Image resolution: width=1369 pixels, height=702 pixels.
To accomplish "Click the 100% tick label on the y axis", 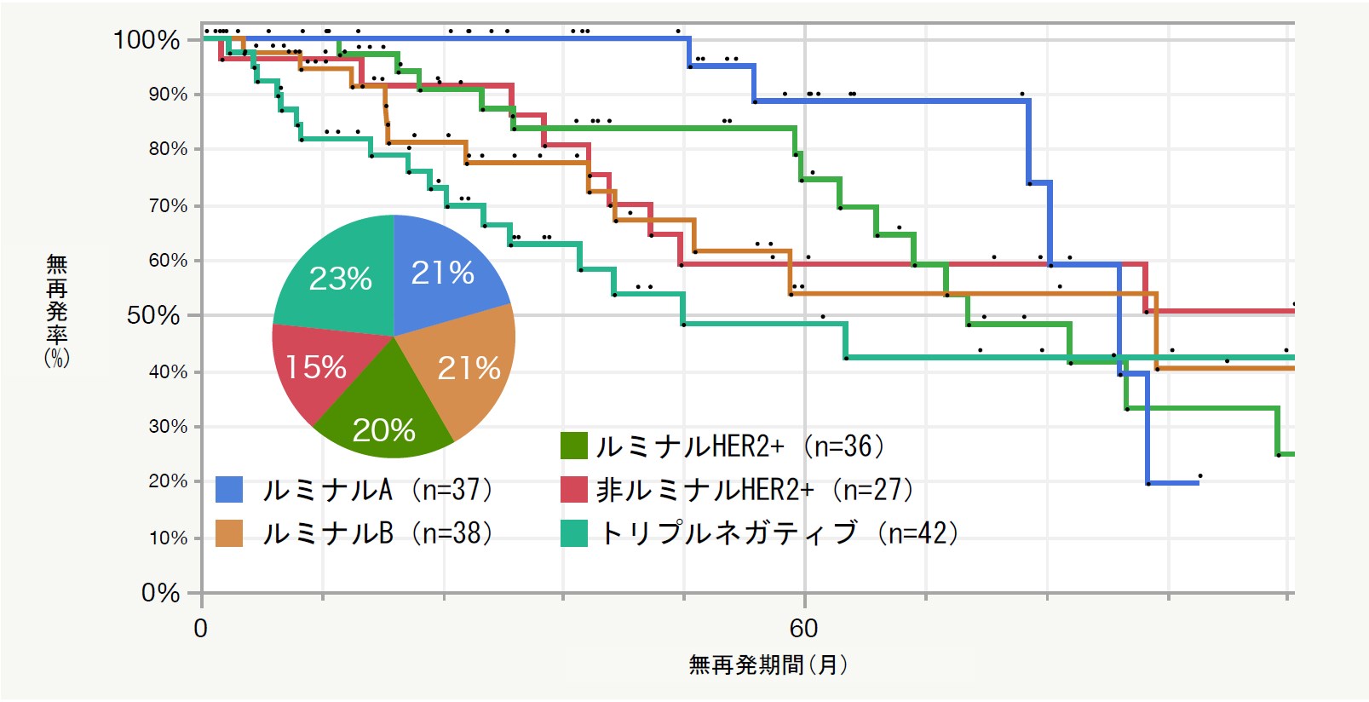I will click(x=147, y=40).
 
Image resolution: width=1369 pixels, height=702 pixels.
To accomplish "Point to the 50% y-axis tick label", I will click(x=153, y=315).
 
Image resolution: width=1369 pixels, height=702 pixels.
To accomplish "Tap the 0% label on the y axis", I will click(x=160, y=593).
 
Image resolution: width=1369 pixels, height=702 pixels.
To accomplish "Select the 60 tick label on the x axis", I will click(x=803, y=629).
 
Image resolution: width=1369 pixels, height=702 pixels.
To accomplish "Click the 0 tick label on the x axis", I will click(x=201, y=629).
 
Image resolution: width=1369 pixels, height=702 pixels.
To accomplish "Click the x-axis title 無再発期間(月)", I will click(x=768, y=665).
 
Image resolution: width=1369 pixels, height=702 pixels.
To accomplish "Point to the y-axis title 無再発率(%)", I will click(x=56, y=311).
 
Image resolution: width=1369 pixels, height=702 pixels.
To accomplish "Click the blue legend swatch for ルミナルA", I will click(x=229, y=490).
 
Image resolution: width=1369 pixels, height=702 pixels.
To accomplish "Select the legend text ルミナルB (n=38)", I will click(x=377, y=533).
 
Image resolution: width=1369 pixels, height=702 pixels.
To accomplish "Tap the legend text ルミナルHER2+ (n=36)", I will click(x=739, y=446).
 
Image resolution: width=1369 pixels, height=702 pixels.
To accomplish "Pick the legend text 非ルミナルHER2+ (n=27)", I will click(x=754, y=490).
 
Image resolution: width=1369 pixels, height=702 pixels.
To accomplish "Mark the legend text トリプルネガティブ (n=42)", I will click(x=779, y=533).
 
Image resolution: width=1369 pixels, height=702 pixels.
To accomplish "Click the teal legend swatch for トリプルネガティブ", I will click(x=574, y=533).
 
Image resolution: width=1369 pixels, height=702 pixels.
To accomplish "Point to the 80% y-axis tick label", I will click(x=168, y=149).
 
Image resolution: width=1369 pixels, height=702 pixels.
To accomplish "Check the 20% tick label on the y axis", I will click(x=168, y=481).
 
